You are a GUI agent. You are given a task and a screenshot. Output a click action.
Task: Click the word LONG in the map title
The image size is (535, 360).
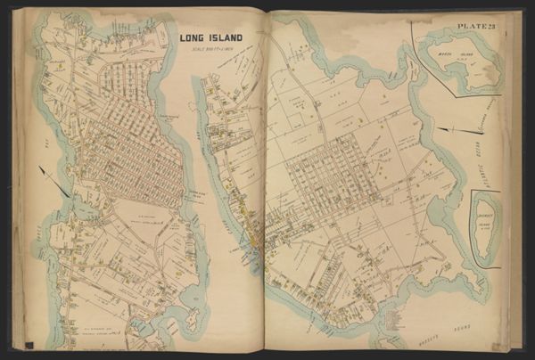tap(193, 38)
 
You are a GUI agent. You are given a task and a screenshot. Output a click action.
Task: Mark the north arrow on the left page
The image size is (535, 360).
tap(53, 182)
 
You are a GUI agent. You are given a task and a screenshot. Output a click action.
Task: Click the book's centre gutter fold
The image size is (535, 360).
tap(265, 178)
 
